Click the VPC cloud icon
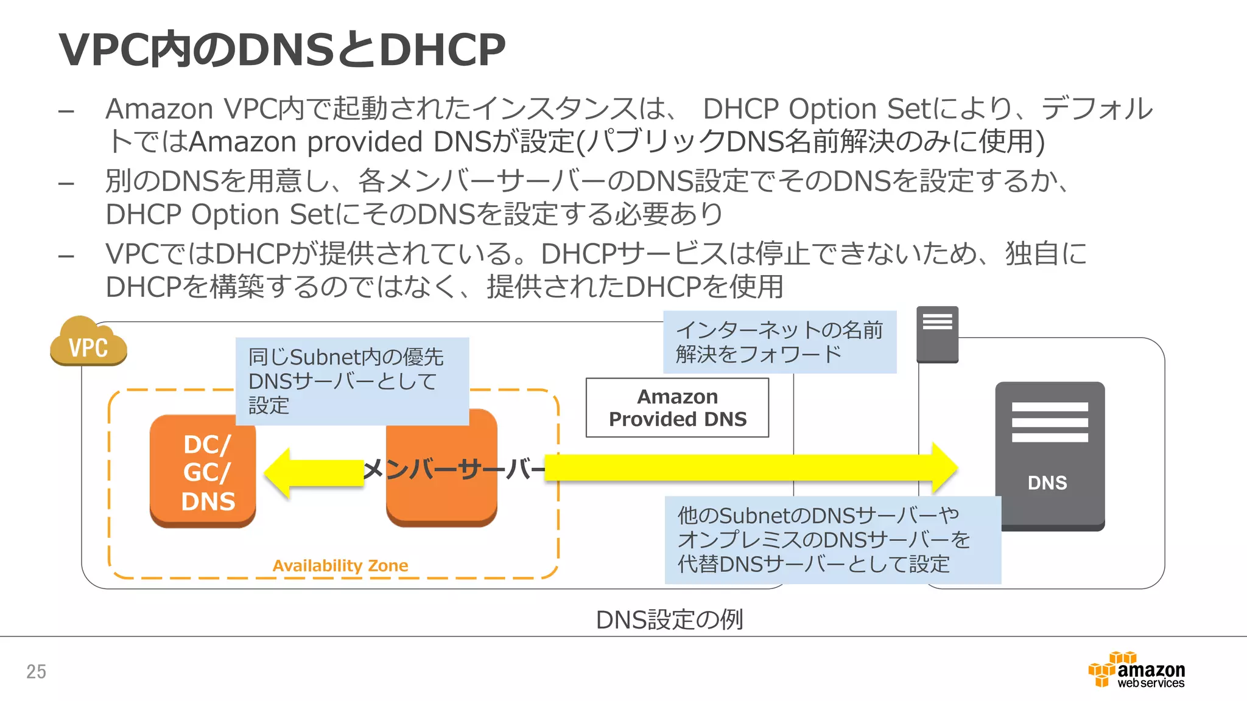(x=88, y=344)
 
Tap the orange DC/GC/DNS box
(x=203, y=472)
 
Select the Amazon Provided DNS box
(x=677, y=408)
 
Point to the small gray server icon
(x=937, y=334)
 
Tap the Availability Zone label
(x=340, y=565)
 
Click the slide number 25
(x=36, y=671)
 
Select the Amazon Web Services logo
(x=1136, y=671)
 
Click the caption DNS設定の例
(x=669, y=619)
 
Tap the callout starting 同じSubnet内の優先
(x=351, y=381)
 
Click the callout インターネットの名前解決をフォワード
(x=779, y=342)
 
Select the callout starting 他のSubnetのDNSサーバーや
(x=832, y=540)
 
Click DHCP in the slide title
(x=442, y=50)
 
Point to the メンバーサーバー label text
(x=454, y=469)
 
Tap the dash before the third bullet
(x=66, y=256)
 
